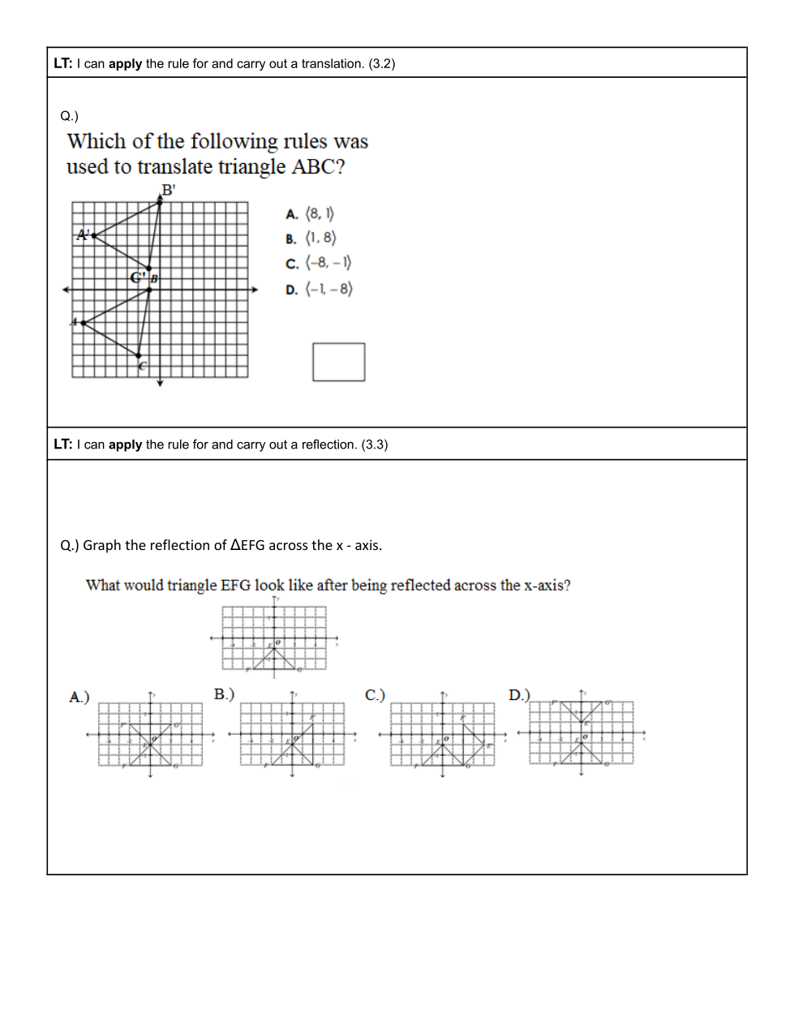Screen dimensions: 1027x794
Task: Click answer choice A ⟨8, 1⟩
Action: click(x=310, y=214)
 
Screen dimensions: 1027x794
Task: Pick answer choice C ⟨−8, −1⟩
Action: click(x=318, y=264)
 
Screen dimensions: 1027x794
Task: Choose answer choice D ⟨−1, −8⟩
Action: click(x=319, y=290)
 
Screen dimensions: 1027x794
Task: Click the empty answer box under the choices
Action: click(x=339, y=362)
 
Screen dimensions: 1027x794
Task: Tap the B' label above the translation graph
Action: click(x=168, y=191)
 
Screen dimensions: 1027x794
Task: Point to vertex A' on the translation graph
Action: click(x=84, y=235)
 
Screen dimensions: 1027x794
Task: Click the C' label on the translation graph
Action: click(x=138, y=277)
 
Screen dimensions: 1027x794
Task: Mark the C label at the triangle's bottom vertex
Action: click(x=143, y=367)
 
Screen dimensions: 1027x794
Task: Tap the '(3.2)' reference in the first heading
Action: click(x=382, y=64)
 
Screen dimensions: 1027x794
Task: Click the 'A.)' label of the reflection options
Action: click(x=79, y=697)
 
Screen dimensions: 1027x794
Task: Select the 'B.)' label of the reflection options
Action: click(x=224, y=694)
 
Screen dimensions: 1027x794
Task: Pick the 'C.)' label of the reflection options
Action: click(x=375, y=695)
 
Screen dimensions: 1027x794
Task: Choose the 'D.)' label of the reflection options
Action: click(x=519, y=695)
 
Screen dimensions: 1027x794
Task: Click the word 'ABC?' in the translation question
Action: click(x=318, y=167)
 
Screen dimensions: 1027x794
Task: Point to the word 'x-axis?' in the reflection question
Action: click(x=547, y=586)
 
